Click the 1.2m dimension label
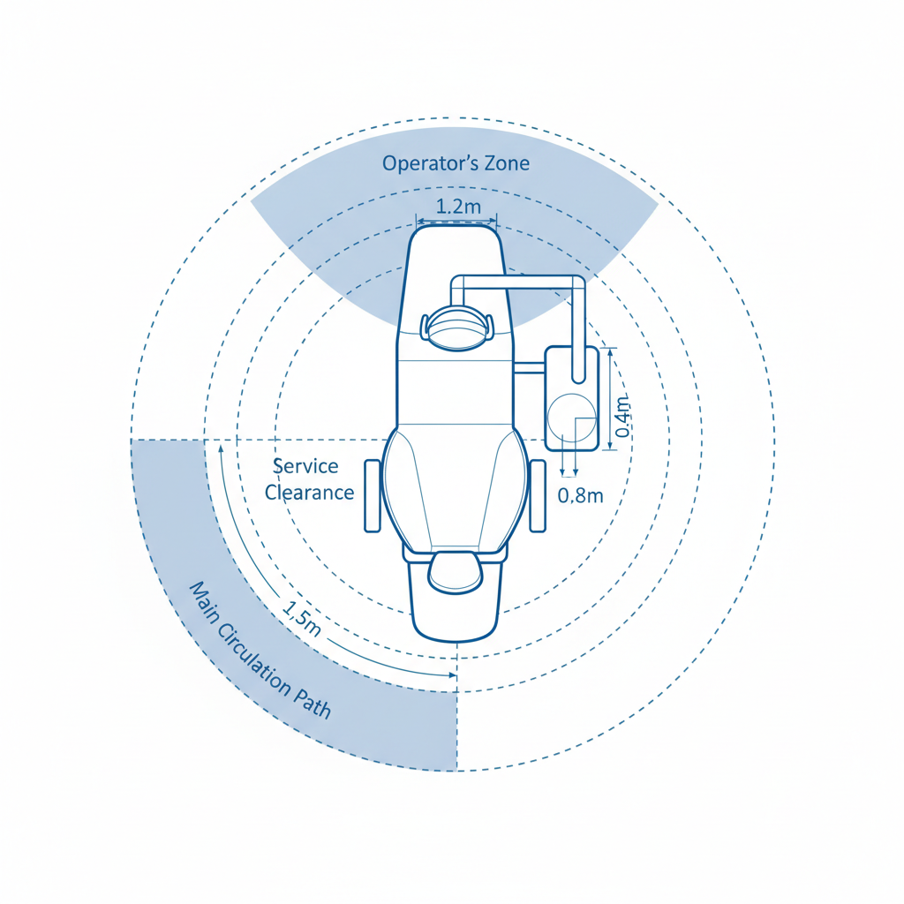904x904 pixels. pyautogui.click(x=459, y=208)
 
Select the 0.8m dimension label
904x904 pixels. pyautogui.click(x=581, y=495)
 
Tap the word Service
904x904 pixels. pyautogui.click(x=305, y=467)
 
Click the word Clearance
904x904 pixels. pyautogui.click(x=309, y=493)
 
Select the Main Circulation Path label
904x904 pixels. pyautogui.click(x=261, y=651)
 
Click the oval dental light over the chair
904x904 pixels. pyautogui.click(x=456, y=328)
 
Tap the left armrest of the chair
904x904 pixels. pyautogui.click(x=373, y=495)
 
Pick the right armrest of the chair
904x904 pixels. pyautogui.click(x=539, y=495)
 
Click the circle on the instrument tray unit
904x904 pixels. pyautogui.click(x=570, y=418)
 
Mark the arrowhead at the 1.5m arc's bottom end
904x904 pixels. pyautogui.click(x=453, y=675)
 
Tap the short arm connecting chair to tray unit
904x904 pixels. pyautogui.click(x=529, y=366)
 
